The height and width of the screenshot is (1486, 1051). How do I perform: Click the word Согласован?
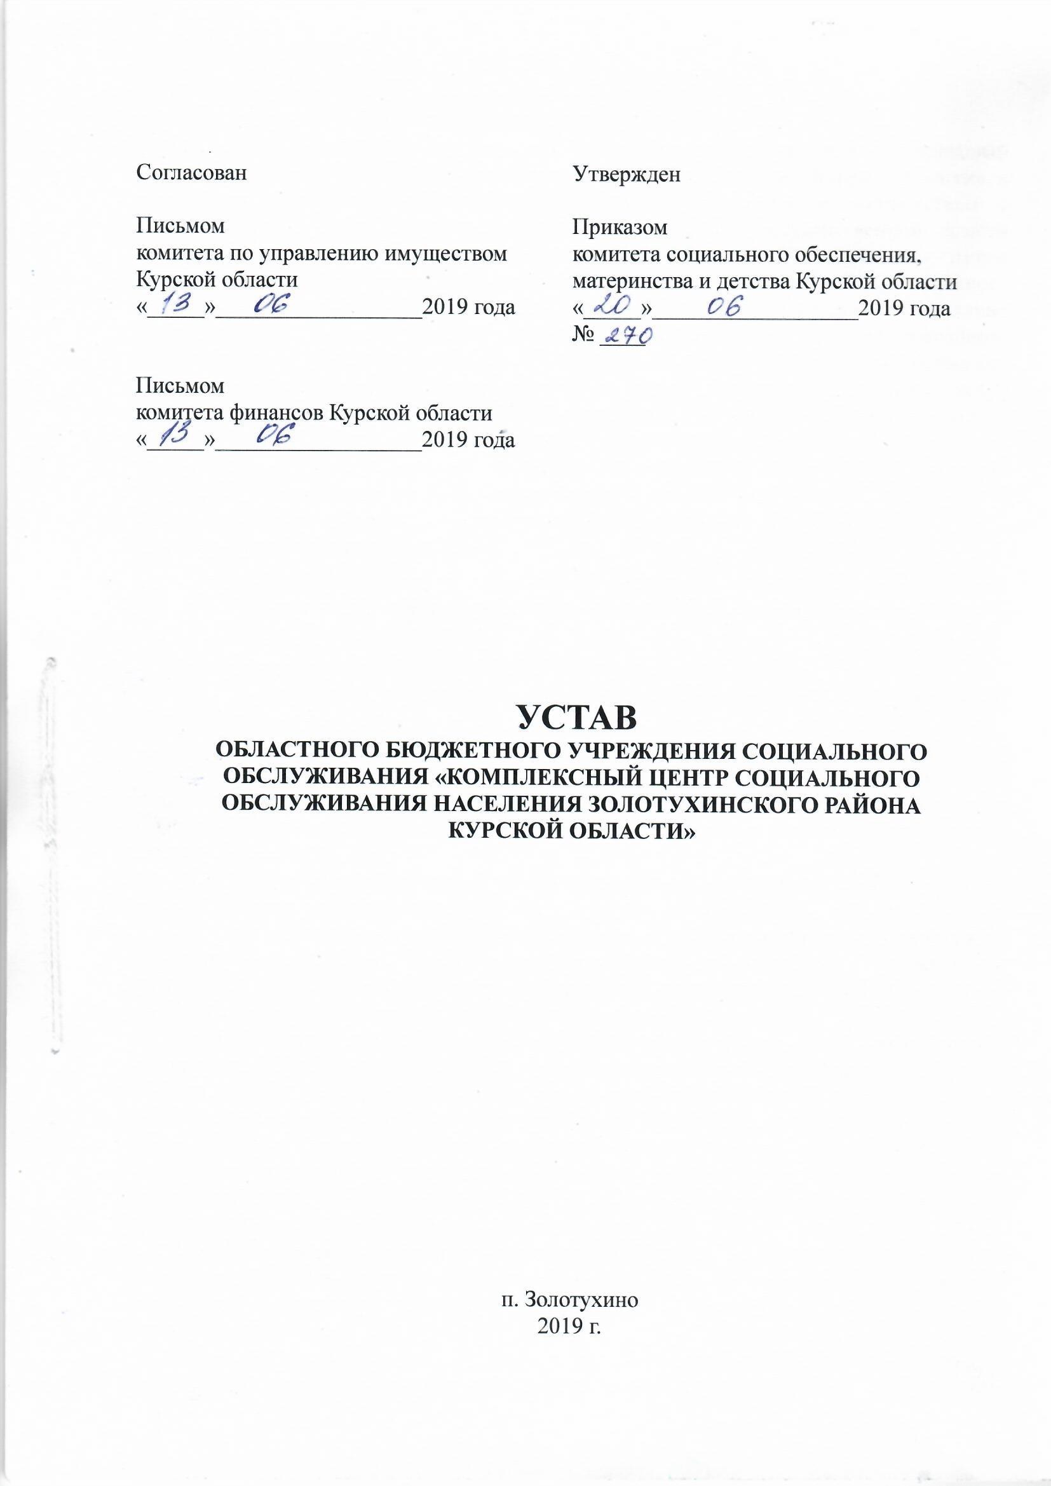[x=191, y=174]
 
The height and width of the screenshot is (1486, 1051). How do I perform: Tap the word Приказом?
[x=620, y=227]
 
